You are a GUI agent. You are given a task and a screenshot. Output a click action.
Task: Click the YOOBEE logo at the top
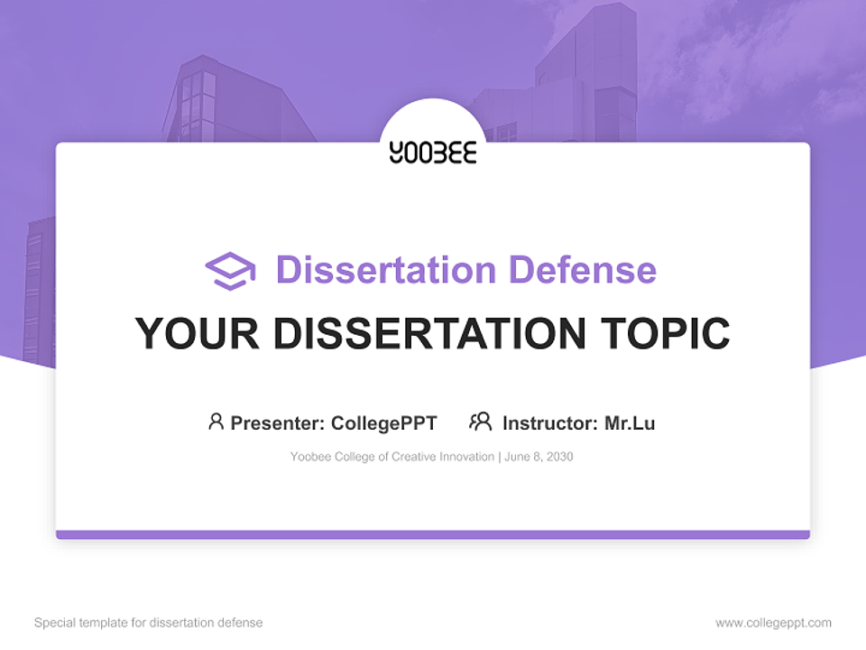pyautogui.click(x=433, y=152)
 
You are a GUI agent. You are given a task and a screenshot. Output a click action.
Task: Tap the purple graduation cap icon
pyautogui.click(x=230, y=271)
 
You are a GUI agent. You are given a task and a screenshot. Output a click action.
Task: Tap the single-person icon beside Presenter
pyautogui.click(x=216, y=422)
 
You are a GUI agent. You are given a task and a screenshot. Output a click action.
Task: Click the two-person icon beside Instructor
pyautogui.click(x=480, y=422)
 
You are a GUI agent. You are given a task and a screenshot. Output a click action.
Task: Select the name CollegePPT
pyautogui.click(x=383, y=422)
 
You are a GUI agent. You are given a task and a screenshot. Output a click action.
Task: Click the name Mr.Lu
pyautogui.click(x=630, y=422)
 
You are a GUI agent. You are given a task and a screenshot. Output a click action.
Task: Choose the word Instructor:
pyautogui.click(x=549, y=422)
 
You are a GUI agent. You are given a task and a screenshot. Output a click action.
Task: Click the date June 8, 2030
pyautogui.click(x=539, y=457)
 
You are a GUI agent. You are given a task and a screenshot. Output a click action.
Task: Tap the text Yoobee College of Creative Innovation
pyautogui.click(x=392, y=457)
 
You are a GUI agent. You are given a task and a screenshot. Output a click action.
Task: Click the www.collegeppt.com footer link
pyautogui.click(x=773, y=623)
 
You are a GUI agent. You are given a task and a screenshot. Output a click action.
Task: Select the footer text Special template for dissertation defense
pyautogui.click(x=149, y=623)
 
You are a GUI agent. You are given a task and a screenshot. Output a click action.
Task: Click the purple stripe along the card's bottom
pyautogui.click(x=433, y=534)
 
